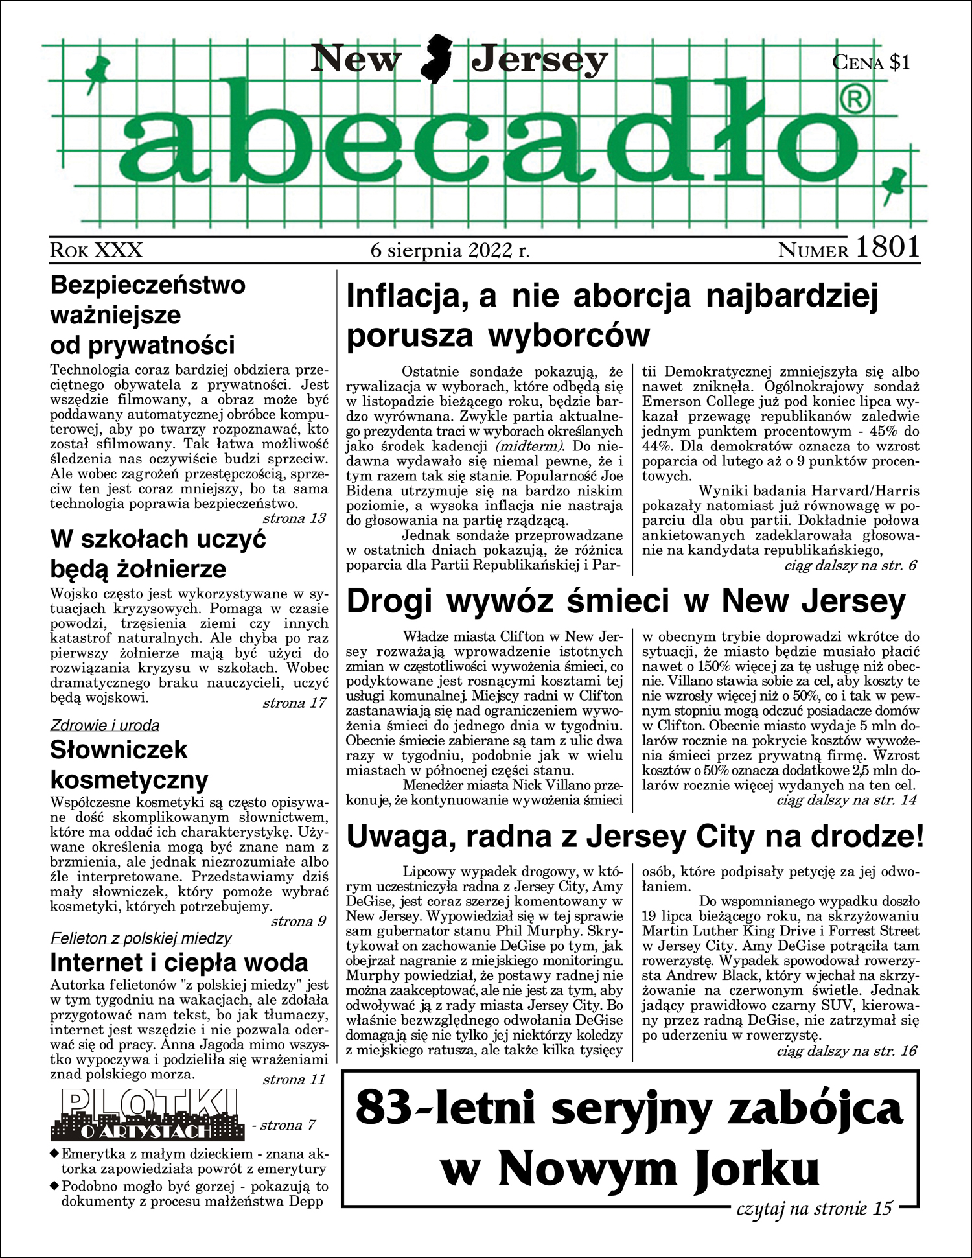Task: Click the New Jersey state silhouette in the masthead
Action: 436,60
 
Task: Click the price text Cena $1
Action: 871,62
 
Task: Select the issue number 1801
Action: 887,248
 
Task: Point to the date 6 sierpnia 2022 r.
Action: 450,250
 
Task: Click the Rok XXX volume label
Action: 96,250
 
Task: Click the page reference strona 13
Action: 294,518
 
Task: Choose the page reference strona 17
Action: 294,703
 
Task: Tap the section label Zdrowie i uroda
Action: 105,725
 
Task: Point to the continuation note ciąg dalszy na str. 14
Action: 846,800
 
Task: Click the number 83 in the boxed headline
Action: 384,1108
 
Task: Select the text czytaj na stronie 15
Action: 814,1208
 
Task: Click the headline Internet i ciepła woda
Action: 179,962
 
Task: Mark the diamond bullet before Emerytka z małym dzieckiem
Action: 54,1154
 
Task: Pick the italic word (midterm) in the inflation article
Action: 529,447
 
